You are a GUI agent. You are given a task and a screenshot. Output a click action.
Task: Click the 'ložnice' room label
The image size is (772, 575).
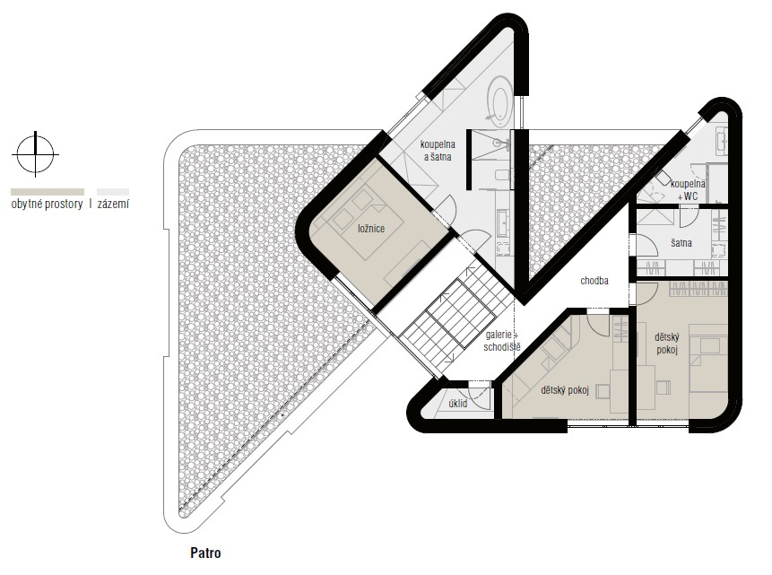371,229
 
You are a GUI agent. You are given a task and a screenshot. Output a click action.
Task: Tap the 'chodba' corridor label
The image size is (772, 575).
594,281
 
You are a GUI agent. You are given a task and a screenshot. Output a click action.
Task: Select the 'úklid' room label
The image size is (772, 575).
458,403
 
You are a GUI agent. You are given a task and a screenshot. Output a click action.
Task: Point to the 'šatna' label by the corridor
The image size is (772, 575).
681,243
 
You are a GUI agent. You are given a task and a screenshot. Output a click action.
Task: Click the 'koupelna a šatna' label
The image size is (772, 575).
438,151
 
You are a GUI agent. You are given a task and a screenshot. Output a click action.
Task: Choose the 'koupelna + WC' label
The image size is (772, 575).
688,189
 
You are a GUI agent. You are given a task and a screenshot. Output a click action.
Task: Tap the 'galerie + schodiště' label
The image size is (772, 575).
502,341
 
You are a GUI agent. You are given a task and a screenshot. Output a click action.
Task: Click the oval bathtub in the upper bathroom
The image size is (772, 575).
499,103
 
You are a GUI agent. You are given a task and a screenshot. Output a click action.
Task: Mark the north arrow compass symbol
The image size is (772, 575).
35,154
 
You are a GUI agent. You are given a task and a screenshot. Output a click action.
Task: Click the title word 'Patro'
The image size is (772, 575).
205,553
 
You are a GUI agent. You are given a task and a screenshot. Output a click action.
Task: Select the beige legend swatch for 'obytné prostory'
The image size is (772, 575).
48,192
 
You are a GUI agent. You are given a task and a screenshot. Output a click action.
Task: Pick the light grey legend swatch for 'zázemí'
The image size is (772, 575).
113,192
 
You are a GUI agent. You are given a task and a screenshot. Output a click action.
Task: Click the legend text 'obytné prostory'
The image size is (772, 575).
47,204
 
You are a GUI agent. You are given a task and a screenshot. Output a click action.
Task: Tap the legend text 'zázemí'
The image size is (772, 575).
113,204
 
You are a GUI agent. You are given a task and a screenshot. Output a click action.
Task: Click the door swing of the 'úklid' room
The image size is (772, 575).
480,396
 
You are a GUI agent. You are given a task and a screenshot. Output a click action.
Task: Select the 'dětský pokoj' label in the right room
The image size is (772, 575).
667,344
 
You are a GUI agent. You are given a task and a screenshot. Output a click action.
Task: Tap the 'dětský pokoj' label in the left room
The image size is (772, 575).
565,390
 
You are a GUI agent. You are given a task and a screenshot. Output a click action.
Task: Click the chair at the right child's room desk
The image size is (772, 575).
663,388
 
